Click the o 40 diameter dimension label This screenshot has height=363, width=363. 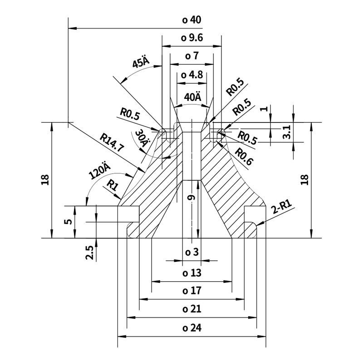[x=191, y=20]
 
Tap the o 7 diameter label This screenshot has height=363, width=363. [x=191, y=56]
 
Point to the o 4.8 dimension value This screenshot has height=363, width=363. [x=191, y=75]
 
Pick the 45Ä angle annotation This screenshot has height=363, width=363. [x=141, y=62]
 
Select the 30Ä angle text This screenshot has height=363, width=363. [x=142, y=137]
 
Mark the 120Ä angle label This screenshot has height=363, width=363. [x=100, y=171]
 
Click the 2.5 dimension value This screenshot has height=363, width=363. [x=89, y=252]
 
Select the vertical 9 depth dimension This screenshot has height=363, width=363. [x=191, y=198]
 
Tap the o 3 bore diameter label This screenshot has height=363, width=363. [x=191, y=252]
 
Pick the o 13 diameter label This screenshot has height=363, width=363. [x=191, y=273]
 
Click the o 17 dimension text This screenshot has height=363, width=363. [x=191, y=290]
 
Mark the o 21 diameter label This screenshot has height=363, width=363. [x=191, y=309]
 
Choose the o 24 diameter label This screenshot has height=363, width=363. [x=191, y=328]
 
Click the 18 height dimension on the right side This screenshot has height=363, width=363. [x=304, y=180]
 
